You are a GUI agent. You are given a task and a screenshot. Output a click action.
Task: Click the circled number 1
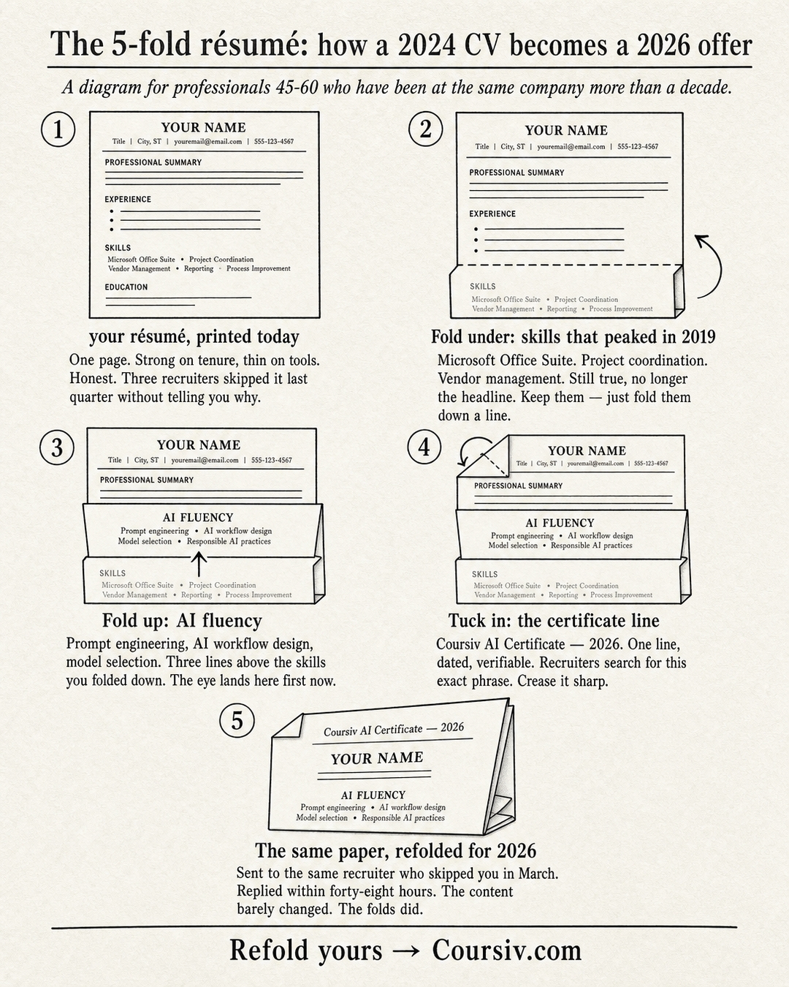coord(58,129)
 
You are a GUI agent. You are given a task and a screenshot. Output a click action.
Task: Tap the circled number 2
coord(425,129)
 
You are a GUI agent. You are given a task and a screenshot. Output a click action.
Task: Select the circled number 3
coord(57,447)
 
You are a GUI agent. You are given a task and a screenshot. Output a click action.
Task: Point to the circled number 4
coord(424,447)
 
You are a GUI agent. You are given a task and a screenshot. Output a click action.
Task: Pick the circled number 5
coord(237,720)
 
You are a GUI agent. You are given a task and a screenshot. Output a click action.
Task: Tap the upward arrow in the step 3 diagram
coord(199,564)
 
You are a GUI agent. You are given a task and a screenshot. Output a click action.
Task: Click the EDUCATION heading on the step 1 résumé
coord(126,287)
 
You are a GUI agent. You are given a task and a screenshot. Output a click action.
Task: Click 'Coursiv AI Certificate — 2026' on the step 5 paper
coord(393,730)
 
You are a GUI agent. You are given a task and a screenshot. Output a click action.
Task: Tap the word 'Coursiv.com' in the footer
coord(506,950)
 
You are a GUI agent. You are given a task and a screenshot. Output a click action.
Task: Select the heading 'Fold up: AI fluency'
coord(182,621)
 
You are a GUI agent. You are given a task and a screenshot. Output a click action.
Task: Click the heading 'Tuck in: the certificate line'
coord(554,621)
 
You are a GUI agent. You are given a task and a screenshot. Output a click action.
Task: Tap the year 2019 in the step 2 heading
coord(698,337)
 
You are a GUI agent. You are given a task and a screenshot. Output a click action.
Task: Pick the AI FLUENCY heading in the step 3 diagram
coord(198,518)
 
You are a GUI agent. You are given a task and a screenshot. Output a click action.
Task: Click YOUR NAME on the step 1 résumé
coord(203,127)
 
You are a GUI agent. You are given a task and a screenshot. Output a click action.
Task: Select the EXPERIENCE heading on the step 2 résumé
coord(492,213)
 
